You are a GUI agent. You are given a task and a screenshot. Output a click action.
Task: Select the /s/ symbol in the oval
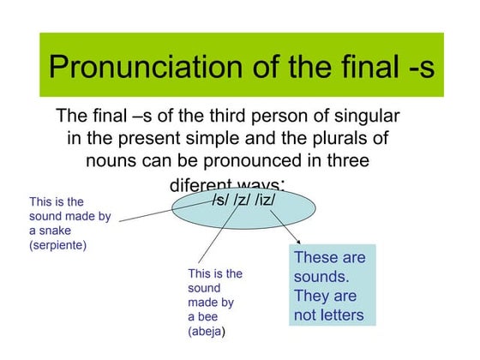pyautogui.click(x=221, y=200)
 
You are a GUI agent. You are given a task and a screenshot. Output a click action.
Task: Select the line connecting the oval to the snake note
pyautogui.click(x=146, y=214)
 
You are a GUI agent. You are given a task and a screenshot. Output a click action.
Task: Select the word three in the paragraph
pyautogui.click(x=344, y=159)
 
